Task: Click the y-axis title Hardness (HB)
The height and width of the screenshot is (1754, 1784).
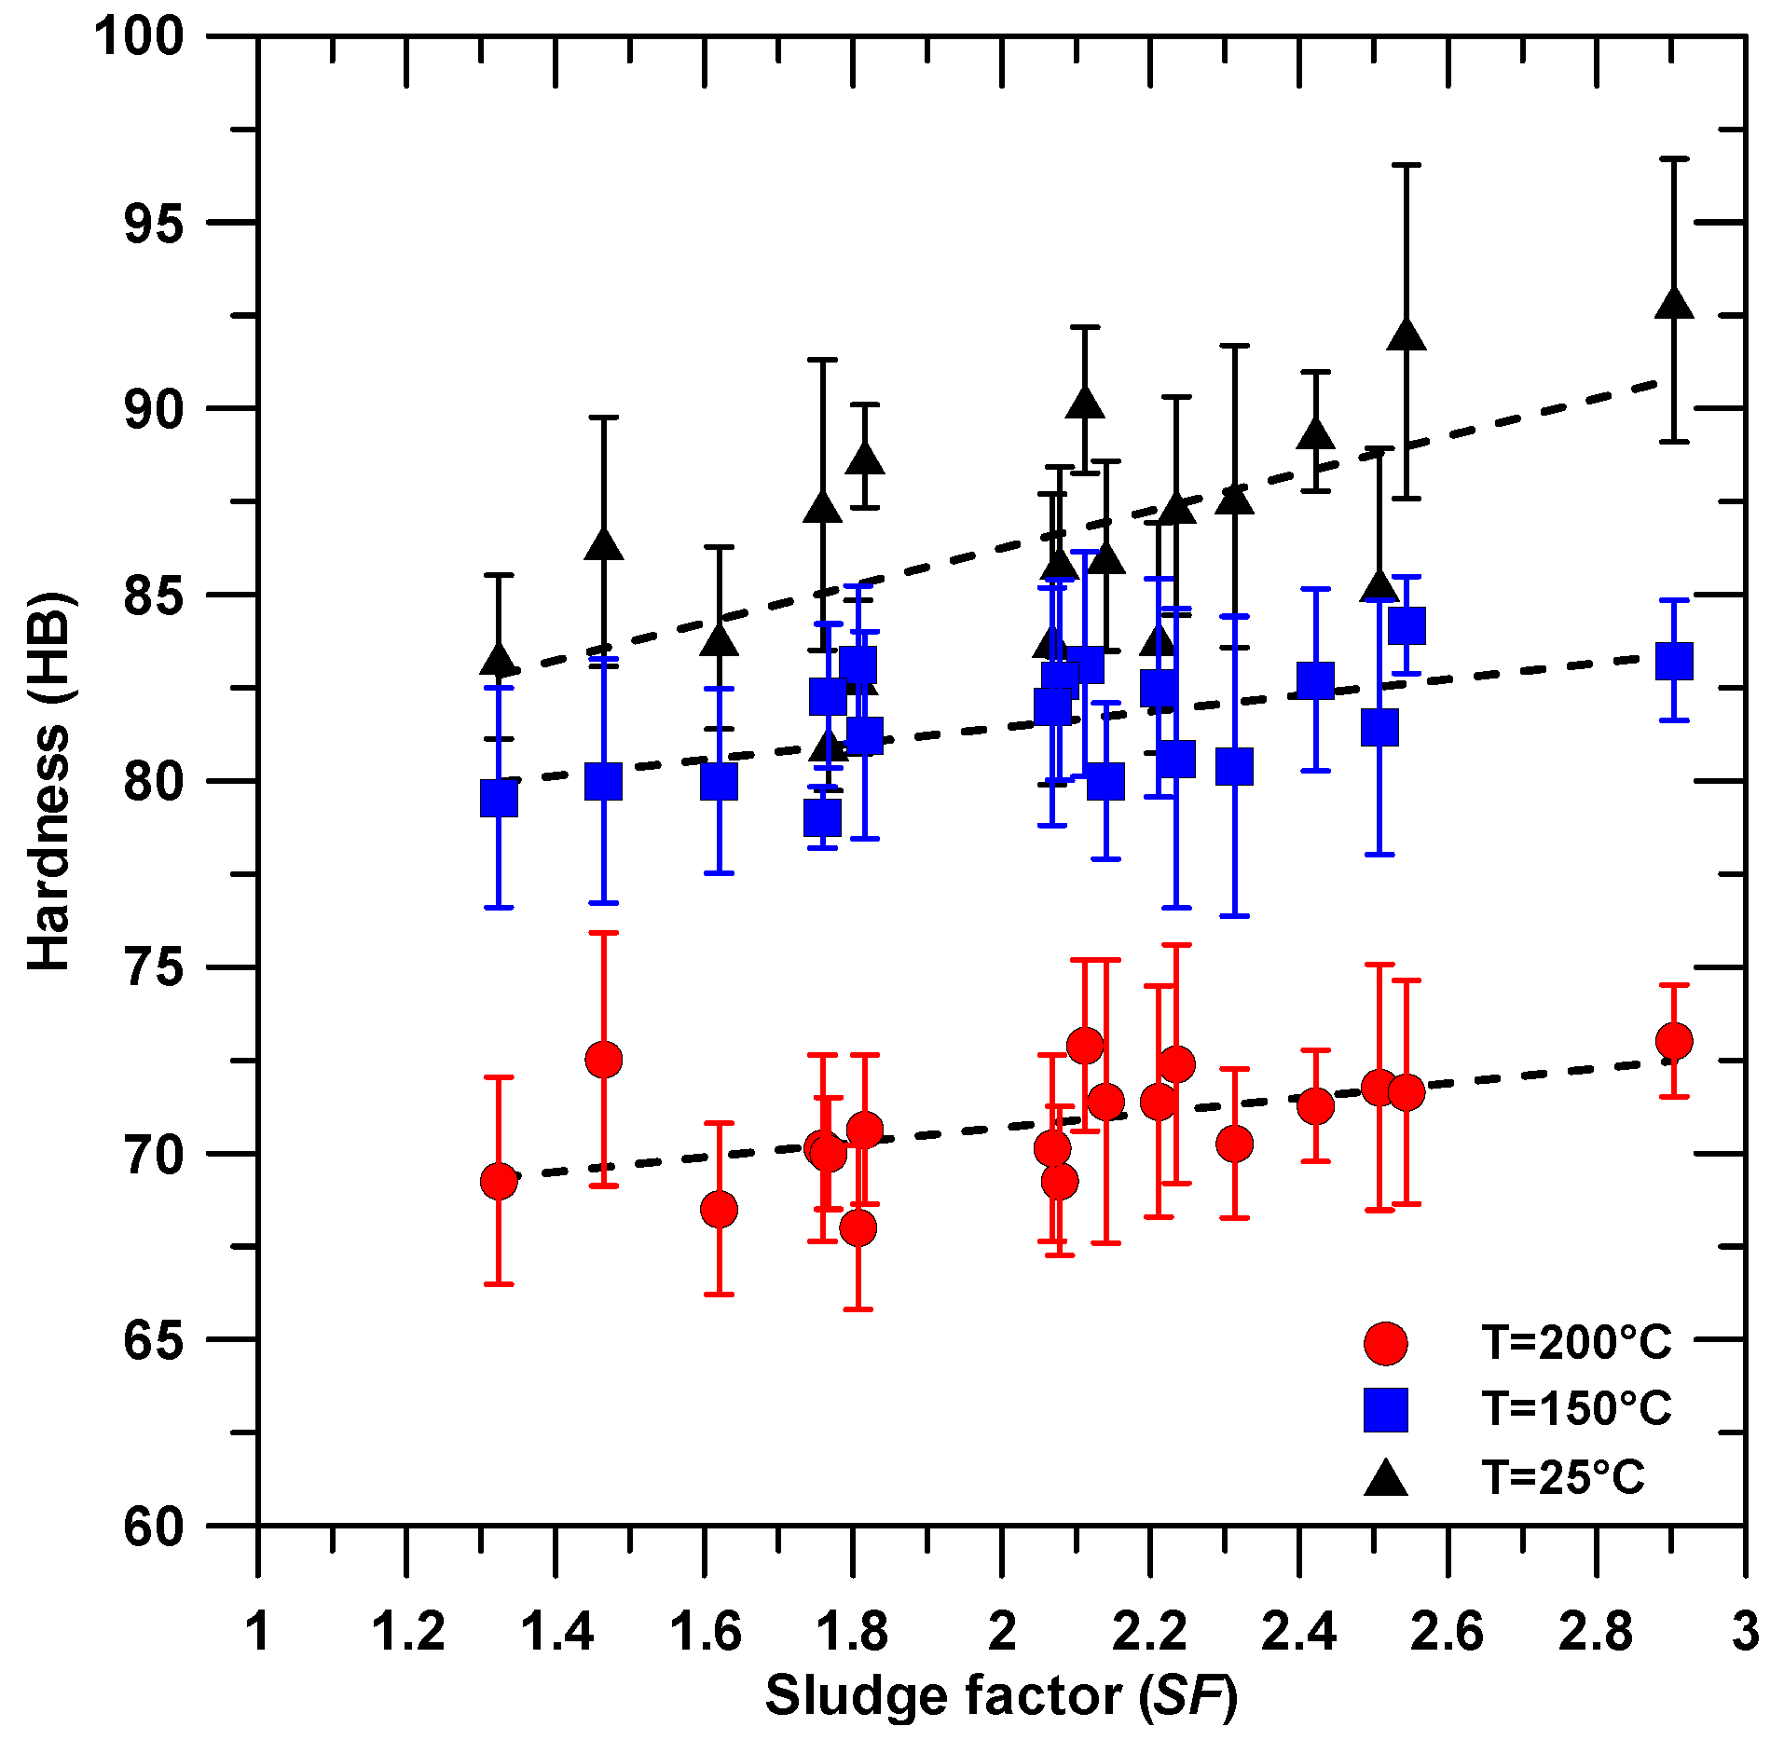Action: click(48, 780)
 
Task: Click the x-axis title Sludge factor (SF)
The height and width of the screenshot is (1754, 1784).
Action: click(1001, 1694)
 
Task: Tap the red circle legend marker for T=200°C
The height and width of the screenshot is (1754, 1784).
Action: click(1385, 1343)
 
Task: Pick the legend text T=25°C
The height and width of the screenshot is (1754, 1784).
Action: click(1564, 1477)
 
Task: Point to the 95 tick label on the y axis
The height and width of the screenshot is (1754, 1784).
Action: click(155, 224)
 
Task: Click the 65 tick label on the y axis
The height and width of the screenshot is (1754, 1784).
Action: click(155, 1340)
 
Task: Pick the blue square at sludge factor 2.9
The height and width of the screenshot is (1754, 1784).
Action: click(1674, 662)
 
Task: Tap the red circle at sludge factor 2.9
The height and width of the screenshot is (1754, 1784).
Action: click(1674, 1041)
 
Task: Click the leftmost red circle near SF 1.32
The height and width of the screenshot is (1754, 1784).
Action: click(499, 1182)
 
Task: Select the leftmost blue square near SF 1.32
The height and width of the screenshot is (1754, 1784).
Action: click(499, 799)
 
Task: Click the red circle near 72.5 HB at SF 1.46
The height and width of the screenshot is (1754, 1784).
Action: click(604, 1060)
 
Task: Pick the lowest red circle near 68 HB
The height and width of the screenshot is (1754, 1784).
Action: click(858, 1228)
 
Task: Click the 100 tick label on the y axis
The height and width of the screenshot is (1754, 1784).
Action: click(140, 37)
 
